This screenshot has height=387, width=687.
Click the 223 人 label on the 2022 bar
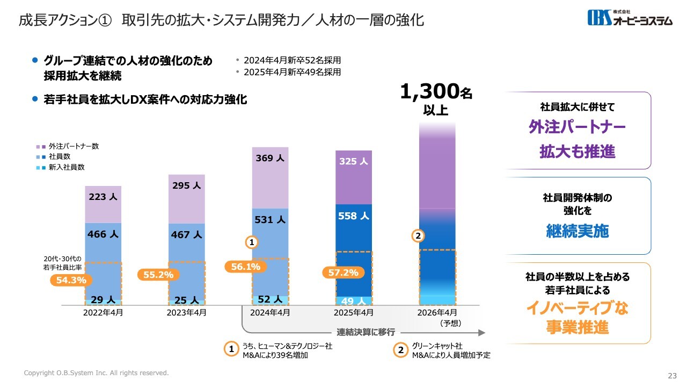(103, 197)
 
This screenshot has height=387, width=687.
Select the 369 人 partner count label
(270, 158)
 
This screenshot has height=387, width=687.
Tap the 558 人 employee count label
(353, 216)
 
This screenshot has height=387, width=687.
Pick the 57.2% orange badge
(343, 273)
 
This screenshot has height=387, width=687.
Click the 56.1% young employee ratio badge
(246, 267)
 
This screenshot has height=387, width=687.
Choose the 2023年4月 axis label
(186, 312)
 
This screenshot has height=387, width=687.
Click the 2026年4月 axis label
(437, 312)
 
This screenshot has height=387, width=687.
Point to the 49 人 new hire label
(353, 302)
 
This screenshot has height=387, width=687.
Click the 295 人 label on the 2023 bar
(186, 185)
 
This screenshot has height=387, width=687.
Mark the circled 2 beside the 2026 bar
(419, 235)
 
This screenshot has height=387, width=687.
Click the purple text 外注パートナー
(577, 127)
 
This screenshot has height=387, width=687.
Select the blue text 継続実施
(577, 231)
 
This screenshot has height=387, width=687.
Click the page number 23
(672, 375)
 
